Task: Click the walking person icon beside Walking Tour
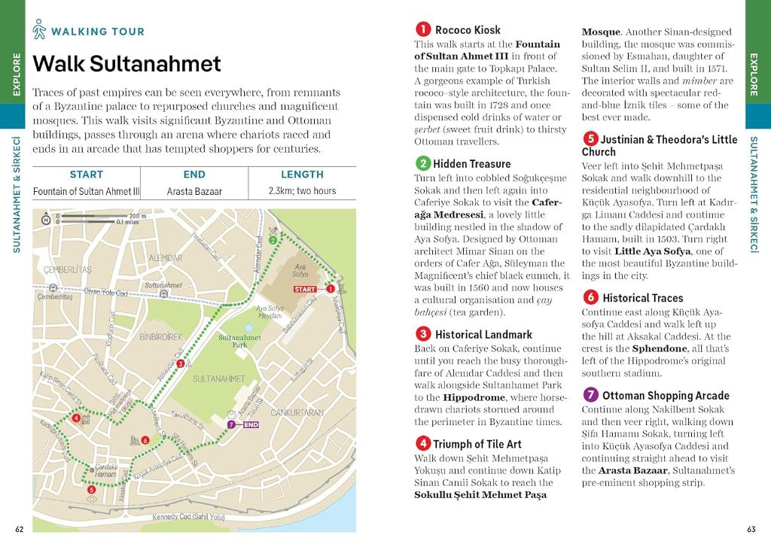pos(40,30)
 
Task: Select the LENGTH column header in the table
pos(302,175)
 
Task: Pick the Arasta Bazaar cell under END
pos(194,191)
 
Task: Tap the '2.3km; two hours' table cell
pos(302,191)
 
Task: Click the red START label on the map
pos(304,289)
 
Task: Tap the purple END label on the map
pos(251,424)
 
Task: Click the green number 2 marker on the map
pos(273,241)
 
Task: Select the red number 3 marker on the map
pos(180,364)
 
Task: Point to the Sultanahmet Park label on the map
pos(239,341)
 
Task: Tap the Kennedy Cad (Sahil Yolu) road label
pos(189,517)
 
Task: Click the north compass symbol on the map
pos(47,219)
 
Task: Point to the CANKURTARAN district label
pos(297,412)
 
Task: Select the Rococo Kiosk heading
pos(468,30)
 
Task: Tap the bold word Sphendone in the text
pos(660,349)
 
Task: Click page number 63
pos(751,529)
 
